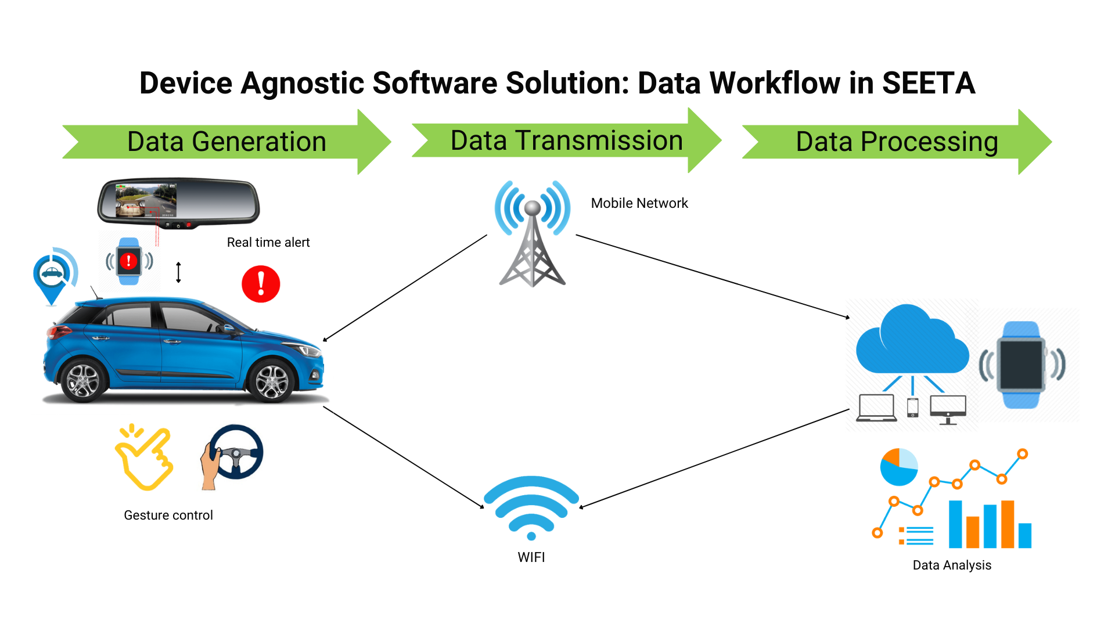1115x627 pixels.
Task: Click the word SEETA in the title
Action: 928,83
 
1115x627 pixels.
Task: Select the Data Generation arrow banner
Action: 226,142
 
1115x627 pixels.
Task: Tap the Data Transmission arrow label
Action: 566,140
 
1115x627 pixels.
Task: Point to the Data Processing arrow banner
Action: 897,142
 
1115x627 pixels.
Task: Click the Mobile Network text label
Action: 639,203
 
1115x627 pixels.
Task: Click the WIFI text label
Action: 531,557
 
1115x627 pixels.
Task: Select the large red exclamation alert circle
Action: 261,284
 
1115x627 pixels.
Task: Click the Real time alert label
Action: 268,242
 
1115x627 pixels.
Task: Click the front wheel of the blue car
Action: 272,381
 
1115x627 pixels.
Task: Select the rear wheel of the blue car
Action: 83,380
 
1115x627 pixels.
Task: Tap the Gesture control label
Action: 168,515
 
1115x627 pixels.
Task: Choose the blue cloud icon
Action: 911,343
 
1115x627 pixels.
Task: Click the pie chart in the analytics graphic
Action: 898,467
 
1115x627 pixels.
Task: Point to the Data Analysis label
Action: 952,565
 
